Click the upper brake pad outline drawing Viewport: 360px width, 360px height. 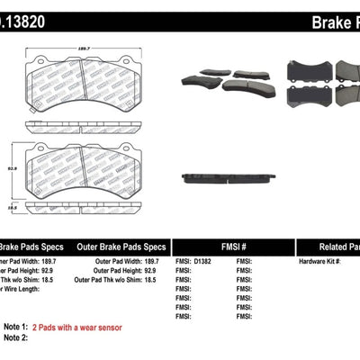pyautogui.click(x=83, y=87)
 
